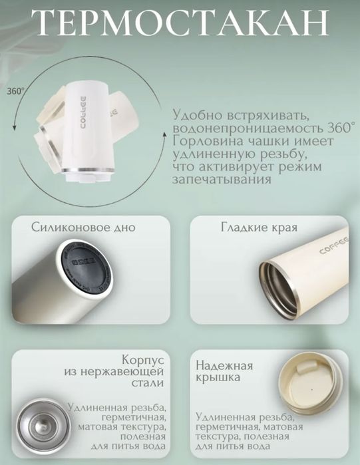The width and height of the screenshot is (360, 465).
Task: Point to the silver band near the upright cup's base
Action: (87, 169)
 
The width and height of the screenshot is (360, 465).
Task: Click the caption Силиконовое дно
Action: (83, 228)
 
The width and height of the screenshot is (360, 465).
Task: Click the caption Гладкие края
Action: (259, 228)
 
